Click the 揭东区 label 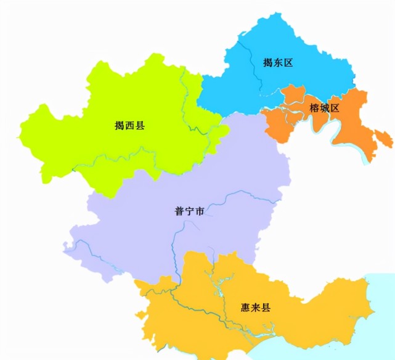[x=277, y=63]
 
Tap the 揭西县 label [x=130, y=126]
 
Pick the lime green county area [x=92, y=142]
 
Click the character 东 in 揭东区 [x=277, y=63]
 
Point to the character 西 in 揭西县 [x=130, y=126]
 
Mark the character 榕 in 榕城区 [x=314, y=109]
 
